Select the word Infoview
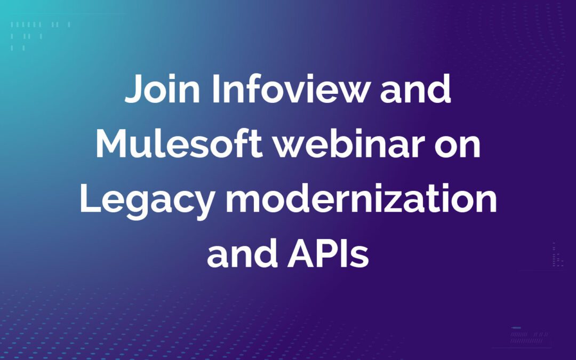[x=290, y=91]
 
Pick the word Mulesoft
[x=179, y=144]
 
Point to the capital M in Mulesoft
[x=113, y=144]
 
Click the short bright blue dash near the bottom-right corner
[x=516, y=327]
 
